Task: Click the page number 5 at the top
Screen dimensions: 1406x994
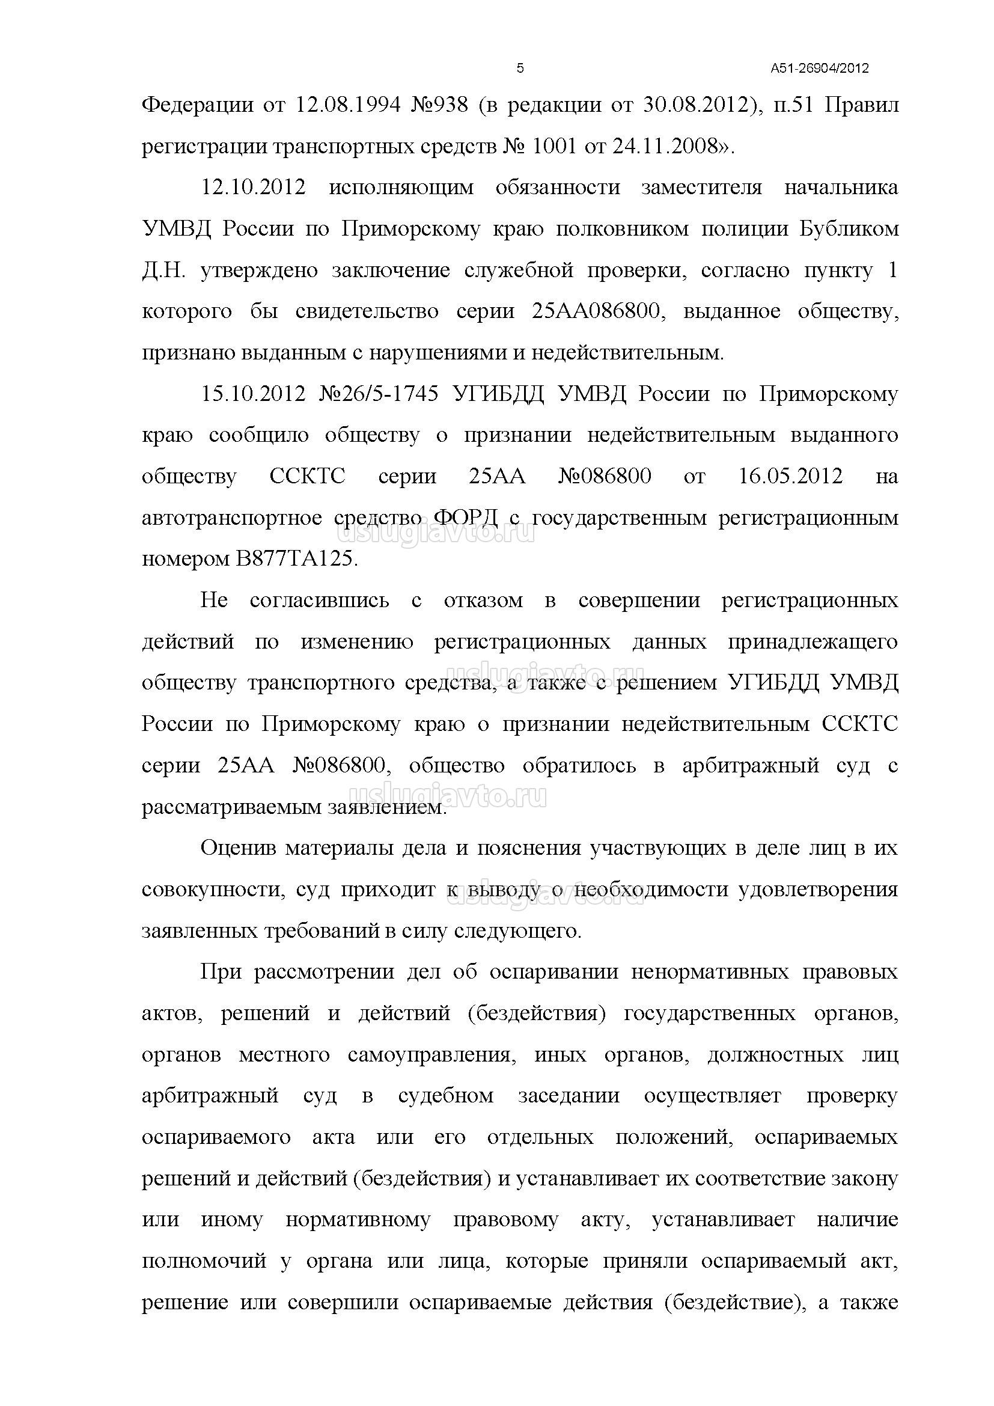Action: (x=520, y=68)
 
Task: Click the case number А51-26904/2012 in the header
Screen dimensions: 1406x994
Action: (x=820, y=68)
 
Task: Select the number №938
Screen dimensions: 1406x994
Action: (x=438, y=105)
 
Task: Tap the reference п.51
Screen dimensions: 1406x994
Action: (x=793, y=105)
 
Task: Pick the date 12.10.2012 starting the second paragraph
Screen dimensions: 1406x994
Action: (x=254, y=188)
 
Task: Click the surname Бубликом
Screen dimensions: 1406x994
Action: (x=849, y=229)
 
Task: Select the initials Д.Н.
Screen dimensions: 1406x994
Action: (x=163, y=270)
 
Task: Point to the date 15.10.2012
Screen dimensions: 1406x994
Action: (x=254, y=394)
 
